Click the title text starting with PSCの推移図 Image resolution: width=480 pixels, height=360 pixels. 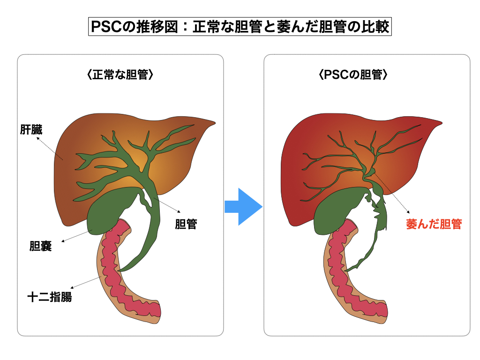[240, 27]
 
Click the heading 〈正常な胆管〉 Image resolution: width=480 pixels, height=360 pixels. [120, 75]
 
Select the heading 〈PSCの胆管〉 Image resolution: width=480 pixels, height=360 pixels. [366, 75]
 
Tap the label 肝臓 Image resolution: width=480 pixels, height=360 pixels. [30, 130]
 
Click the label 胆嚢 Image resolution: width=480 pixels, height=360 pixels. [40, 246]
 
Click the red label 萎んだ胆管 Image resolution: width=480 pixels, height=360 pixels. [434, 225]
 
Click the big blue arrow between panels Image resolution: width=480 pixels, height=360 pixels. [243, 207]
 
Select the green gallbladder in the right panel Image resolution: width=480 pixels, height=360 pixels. [333, 214]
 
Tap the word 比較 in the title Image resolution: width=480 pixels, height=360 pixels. [376, 27]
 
